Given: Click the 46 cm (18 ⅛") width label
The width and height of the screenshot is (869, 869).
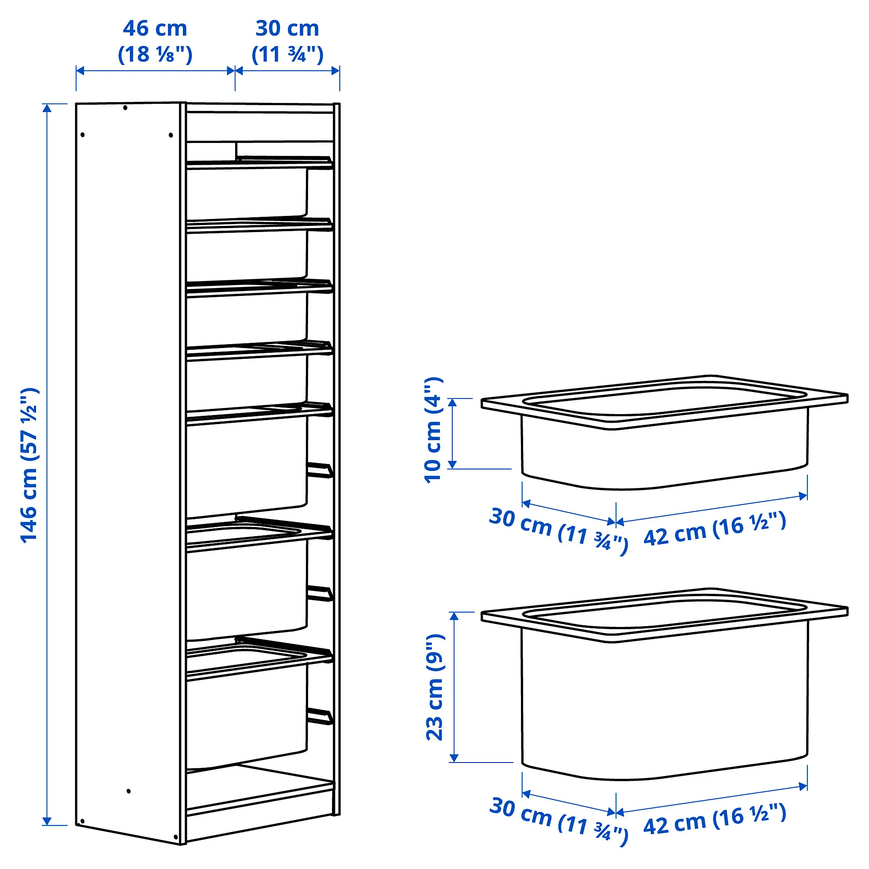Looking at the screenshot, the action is tap(155, 41).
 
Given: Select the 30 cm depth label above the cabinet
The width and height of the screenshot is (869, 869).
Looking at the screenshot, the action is tap(287, 41).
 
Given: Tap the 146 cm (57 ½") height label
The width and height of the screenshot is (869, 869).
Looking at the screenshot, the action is tap(30, 465).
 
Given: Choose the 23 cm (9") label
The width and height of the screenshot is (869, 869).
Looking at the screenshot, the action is tap(435, 687).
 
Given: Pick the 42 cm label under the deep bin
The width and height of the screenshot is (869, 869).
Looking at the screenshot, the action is tap(715, 819).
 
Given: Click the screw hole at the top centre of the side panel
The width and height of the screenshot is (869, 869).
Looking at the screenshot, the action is tap(125, 108).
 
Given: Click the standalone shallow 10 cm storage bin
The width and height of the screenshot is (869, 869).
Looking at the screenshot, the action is tap(664, 432).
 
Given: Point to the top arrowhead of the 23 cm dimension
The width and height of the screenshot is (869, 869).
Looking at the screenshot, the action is tap(454, 616).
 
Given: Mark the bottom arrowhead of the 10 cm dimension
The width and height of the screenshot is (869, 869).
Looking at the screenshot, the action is tap(453, 464).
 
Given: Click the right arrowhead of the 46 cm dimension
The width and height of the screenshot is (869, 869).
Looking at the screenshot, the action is tap(231, 71).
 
